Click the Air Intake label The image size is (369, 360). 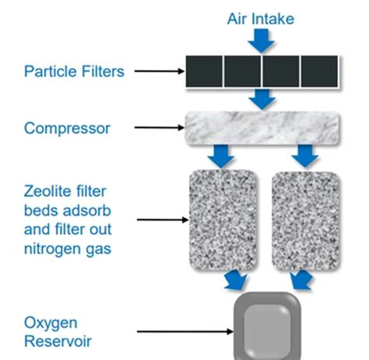click(x=261, y=19)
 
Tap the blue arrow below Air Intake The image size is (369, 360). click(x=262, y=41)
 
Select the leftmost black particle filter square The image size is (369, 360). click(x=204, y=71)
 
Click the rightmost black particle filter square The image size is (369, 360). click(x=319, y=71)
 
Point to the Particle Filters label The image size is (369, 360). click(x=74, y=72)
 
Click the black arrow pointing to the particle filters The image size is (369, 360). click(x=159, y=71)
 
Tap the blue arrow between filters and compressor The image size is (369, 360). click(x=262, y=99)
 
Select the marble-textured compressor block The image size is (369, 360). click(x=262, y=128)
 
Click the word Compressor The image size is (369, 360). click(x=67, y=129)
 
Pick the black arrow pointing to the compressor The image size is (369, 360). click(x=159, y=128)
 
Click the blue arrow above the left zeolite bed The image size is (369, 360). click(x=221, y=156)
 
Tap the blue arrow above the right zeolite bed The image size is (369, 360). click(x=305, y=156)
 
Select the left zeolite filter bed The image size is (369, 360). click(x=223, y=221)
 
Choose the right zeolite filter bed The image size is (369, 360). click(x=306, y=221)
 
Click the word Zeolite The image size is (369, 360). click(x=47, y=192)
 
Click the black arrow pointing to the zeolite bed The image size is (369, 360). click(x=163, y=220)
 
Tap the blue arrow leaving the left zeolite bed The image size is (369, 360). click(x=235, y=280)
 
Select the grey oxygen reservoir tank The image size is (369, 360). click(x=267, y=327)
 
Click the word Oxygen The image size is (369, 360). click(x=51, y=323)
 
